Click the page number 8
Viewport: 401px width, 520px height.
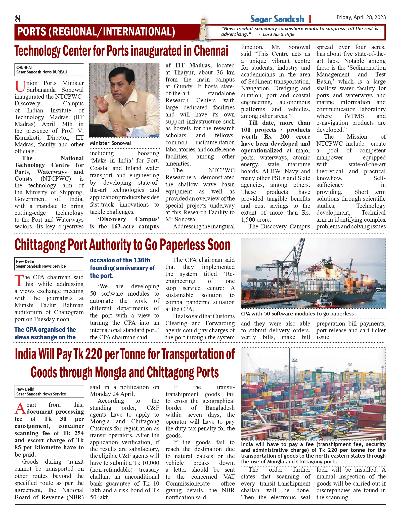[18, 19]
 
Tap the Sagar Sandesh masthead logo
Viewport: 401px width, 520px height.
[277, 19]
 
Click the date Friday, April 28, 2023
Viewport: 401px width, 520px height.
[361, 17]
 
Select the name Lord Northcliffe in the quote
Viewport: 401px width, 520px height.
[279, 35]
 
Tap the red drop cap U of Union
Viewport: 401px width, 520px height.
[20, 86]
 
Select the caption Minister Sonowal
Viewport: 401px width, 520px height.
[111, 143]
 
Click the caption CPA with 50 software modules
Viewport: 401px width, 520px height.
[297, 314]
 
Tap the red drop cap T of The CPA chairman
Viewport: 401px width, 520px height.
[19, 281]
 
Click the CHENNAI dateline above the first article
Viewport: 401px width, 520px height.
[24, 67]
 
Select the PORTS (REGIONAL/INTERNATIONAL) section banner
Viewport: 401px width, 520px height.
[96, 32]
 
